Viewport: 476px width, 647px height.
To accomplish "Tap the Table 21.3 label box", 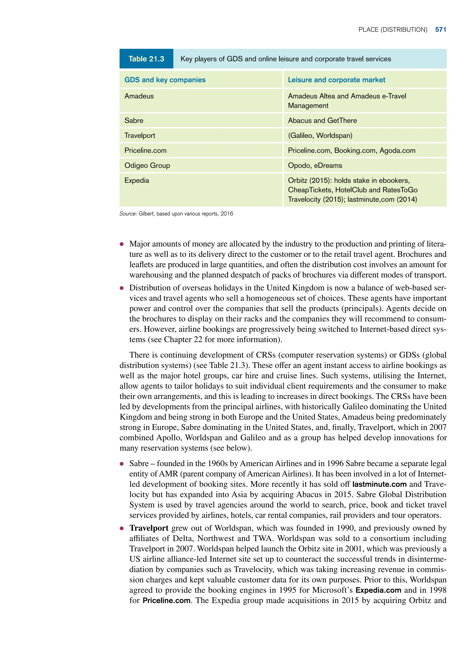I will click(x=146, y=59).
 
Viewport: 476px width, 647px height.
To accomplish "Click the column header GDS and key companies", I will click(x=165, y=80).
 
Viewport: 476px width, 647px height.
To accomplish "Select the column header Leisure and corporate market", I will click(x=336, y=80).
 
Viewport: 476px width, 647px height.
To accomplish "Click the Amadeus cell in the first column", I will click(x=139, y=96).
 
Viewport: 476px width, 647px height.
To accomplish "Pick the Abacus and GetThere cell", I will click(x=322, y=120).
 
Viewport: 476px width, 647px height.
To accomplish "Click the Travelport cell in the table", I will click(x=139, y=136).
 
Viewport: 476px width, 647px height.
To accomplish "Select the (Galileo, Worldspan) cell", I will click(x=320, y=136).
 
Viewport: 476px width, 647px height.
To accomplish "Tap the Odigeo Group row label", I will click(x=147, y=166).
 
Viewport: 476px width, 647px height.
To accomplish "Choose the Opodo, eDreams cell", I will click(x=315, y=166).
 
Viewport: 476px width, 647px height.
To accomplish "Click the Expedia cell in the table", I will click(x=137, y=180).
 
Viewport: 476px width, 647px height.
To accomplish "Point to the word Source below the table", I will click(x=127, y=214).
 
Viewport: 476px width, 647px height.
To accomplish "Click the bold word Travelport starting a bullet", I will click(x=149, y=528).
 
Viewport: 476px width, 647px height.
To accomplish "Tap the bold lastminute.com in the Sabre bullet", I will click(x=379, y=484).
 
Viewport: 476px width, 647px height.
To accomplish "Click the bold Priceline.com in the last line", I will click(x=167, y=600).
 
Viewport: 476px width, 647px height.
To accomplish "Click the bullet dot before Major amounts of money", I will click(x=122, y=244).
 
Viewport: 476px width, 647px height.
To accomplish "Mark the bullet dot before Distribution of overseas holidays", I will click(x=122, y=288).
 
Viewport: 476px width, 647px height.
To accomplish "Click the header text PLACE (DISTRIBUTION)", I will click(x=392, y=30).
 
